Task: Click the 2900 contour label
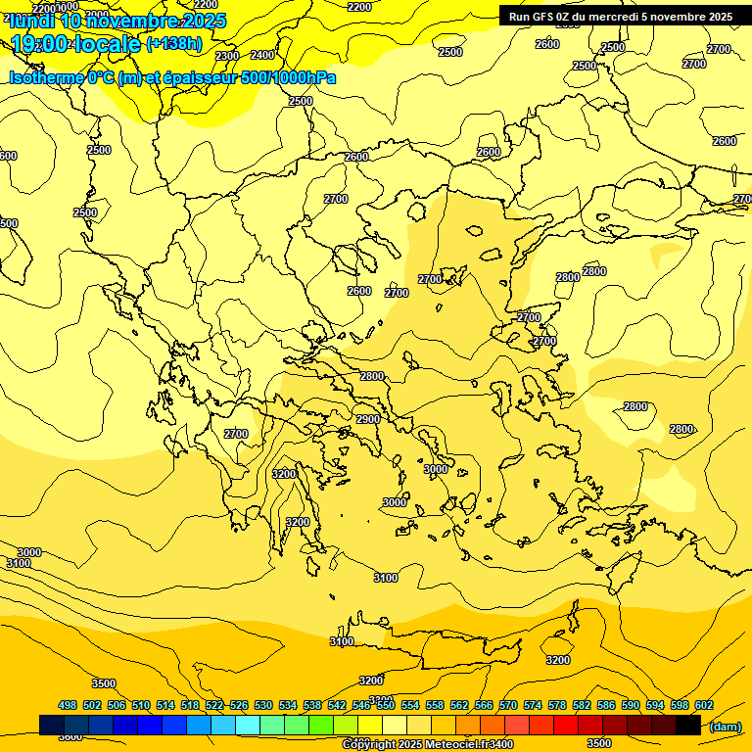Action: point(367,419)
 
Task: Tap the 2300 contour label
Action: point(226,56)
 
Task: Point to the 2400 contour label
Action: point(262,55)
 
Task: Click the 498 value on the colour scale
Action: point(68,705)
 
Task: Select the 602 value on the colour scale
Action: point(704,705)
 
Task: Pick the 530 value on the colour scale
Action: point(263,705)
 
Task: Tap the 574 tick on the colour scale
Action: point(533,705)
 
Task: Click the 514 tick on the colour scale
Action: point(165,705)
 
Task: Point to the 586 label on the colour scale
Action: point(606,705)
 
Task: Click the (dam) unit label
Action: point(726,726)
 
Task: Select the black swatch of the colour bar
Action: point(688,725)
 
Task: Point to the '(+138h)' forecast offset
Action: point(173,44)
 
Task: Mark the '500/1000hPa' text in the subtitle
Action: point(285,77)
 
